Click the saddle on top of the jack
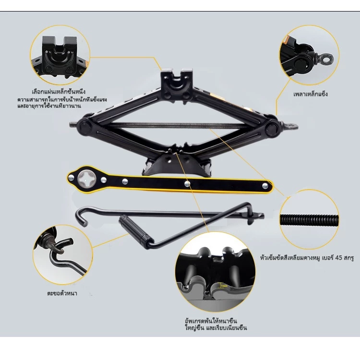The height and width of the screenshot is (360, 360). click(x=176, y=84)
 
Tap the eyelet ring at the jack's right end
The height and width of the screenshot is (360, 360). click(x=291, y=126)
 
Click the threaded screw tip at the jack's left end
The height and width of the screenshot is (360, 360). click(x=73, y=125)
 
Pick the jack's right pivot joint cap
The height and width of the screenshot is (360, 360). click(x=272, y=128)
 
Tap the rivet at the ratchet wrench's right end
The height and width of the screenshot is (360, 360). click(x=265, y=185)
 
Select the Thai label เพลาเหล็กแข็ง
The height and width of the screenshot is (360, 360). click(x=311, y=94)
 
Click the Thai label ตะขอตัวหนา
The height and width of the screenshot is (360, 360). click(x=62, y=293)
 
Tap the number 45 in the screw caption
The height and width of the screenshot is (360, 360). click(x=339, y=258)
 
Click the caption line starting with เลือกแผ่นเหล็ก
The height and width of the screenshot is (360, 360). click(x=59, y=92)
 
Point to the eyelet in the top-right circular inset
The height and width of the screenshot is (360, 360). click(x=325, y=59)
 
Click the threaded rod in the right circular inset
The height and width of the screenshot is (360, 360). click(x=309, y=220)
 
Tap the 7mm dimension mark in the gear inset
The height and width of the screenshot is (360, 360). click(x=224, y=286)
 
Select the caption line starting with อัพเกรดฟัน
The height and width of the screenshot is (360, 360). click(x=211, y=321)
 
